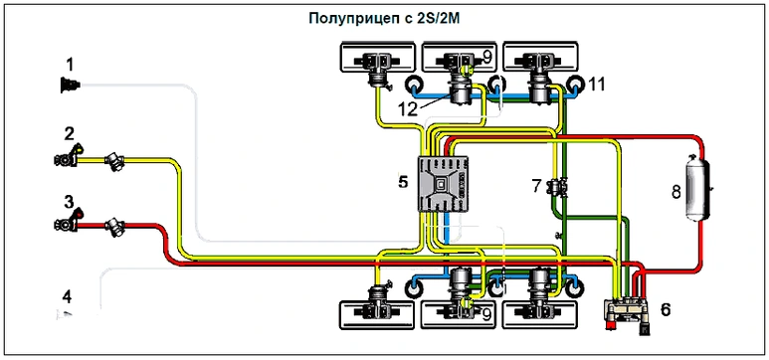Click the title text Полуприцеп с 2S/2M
pyautogui.click(x=386, y=19)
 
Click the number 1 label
pyautogui.click(x=70, y=65)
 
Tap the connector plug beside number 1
pyautogui.click(x=70, y=86)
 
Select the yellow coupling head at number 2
pyautogui.click(x=68, y=156)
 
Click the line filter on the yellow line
pyautogui.click(x=115, y=161)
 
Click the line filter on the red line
pyautogui.click(x=115, y=227)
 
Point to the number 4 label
pyautogui.click(x=67, y=296)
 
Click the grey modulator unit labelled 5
pyautogui.click(x=443, y=183)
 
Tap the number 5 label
pyautogui.click(x=403, y=182)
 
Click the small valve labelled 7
pyautogui.click(x=559, y=187)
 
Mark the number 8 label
pyautogui.click(x=676, y=192)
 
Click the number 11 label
pyautogui.click(x=597, y=85)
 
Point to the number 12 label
pyautogui.click(x=408, y=108)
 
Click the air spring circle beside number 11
pyautogui.click(x=575, y=85)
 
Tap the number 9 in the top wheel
pyautogui.click(x=486, y=58)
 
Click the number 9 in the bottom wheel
pyautogui.click(x=486, y=314)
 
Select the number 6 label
pyautogui.click(x=666, y=309)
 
